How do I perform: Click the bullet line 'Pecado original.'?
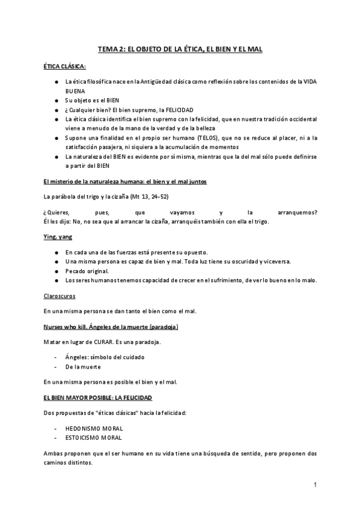pos(87,271)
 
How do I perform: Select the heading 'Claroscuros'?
pos(59,296)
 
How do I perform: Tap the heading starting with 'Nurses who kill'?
pos(111,327)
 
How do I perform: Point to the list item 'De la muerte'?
pos(83,366)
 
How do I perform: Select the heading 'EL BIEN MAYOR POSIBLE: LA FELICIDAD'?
pos(98,398)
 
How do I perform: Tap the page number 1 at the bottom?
pos(315,484)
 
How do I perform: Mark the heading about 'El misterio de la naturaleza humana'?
pos(126,181)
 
